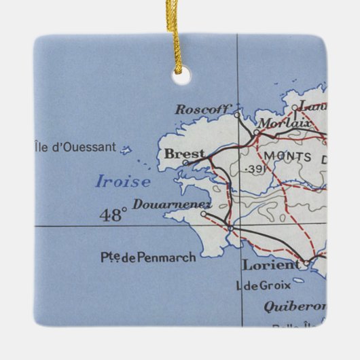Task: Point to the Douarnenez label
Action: pyautogui.click(x=172, y=204)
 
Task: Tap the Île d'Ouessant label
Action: pyautogui.click(x=75, y=147)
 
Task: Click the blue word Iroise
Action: pyautogui.click(x=122, y=181)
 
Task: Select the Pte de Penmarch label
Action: pyautogui.click(x=147, y=257)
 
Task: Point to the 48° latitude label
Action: pyautogui.click(x=113, y=215)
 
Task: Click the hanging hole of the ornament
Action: pyautogui.click(x=180, y=77)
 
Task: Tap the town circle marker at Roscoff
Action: pyautogui.click(x=237, y=114)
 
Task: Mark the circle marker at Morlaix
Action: pyautogui.click(x=256, y=132)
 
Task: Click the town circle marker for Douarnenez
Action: pyautogui.click(x=202, y=214)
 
